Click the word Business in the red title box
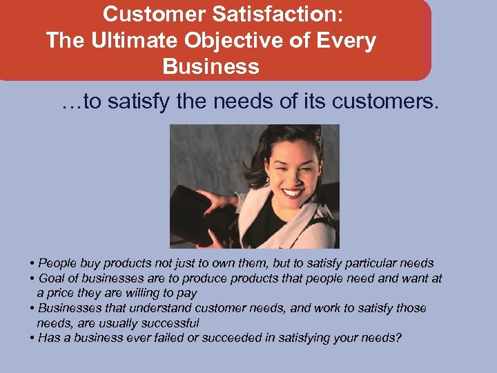211,67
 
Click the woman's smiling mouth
292,193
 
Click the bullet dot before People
32,263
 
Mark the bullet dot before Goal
32,278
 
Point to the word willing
145,293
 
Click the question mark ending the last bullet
399,338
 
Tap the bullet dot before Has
32,338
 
